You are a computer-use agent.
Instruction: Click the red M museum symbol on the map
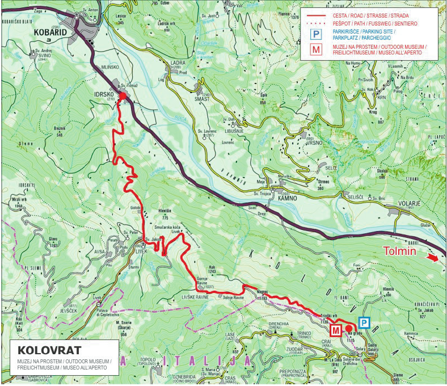(x=336, y=330)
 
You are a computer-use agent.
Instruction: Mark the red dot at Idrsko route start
(x=121, y=96)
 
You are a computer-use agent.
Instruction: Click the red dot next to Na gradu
(x=348, y=328)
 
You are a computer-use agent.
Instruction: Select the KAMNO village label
(x=287, y=198)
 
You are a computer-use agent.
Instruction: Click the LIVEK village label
(x=141, y=250)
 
